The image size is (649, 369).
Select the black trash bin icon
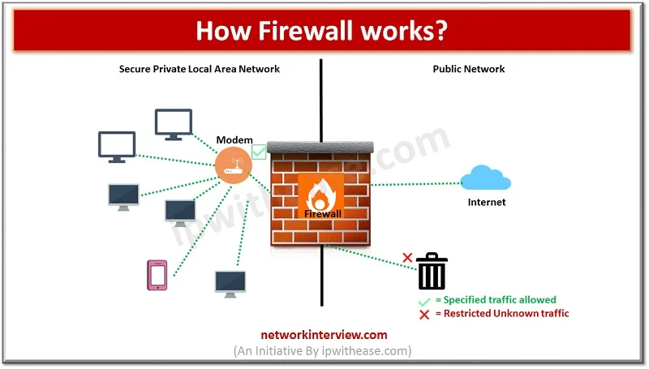click(x=432, y=271)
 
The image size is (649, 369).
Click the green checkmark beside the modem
click(x=259, y=151)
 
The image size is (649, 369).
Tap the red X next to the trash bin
click(x=408, y=260)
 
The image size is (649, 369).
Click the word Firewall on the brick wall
click(x=324, y=213)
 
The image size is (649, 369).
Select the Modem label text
click(x=234, y=140)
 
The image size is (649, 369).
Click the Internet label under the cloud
click(x=487, y=202)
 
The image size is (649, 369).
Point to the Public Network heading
click(x=469, y=70)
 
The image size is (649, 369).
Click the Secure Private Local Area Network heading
click(x=200, y=70)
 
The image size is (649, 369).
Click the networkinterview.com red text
click(x=324, y=334)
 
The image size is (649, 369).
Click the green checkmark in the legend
click(x=423, y=300)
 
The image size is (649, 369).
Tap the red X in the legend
click(x=423, y=314)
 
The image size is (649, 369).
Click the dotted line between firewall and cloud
click(x=414, y=184)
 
